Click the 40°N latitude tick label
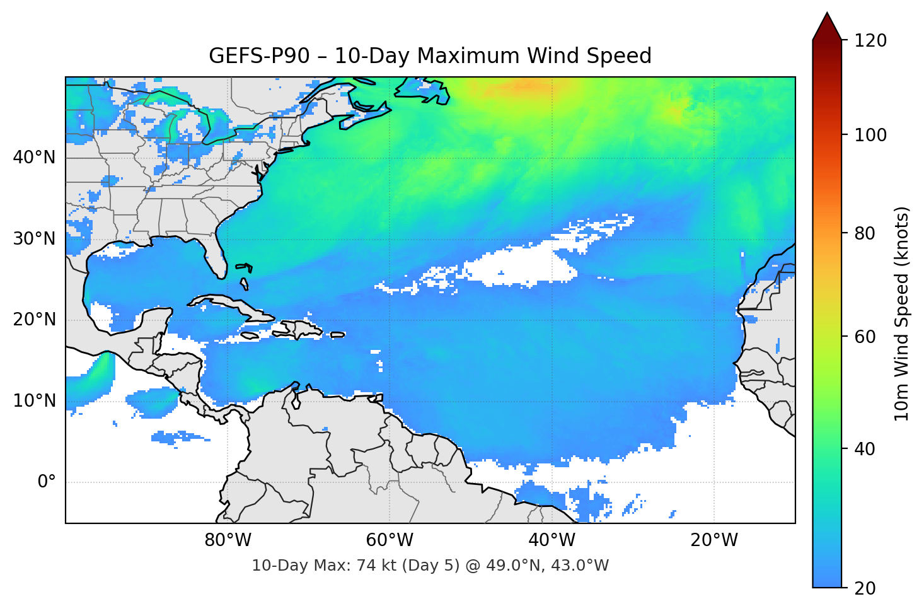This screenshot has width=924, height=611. (x=34, y=158)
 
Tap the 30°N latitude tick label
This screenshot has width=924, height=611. (x=34, y=239)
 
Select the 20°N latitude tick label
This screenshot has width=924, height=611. (x=34, y=320)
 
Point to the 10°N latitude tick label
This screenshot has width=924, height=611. (x=34, y=401)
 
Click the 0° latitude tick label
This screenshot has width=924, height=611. (x=47, y=482)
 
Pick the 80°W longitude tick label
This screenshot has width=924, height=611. (x=228, y=540)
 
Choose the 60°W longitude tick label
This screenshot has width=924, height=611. (x=390, y=540)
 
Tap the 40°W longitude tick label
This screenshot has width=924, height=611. (x=552, y=540)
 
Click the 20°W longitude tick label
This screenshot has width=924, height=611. (x=713, y=540)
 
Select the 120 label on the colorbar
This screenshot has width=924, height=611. (x=870, y=41)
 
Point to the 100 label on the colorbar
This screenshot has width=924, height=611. (x=870, y=135)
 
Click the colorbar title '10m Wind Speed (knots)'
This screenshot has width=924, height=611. (x=902, y=313)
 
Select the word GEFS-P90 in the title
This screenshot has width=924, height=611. (x=259, y=56)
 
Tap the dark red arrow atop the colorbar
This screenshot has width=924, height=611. (x=827, y=26)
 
